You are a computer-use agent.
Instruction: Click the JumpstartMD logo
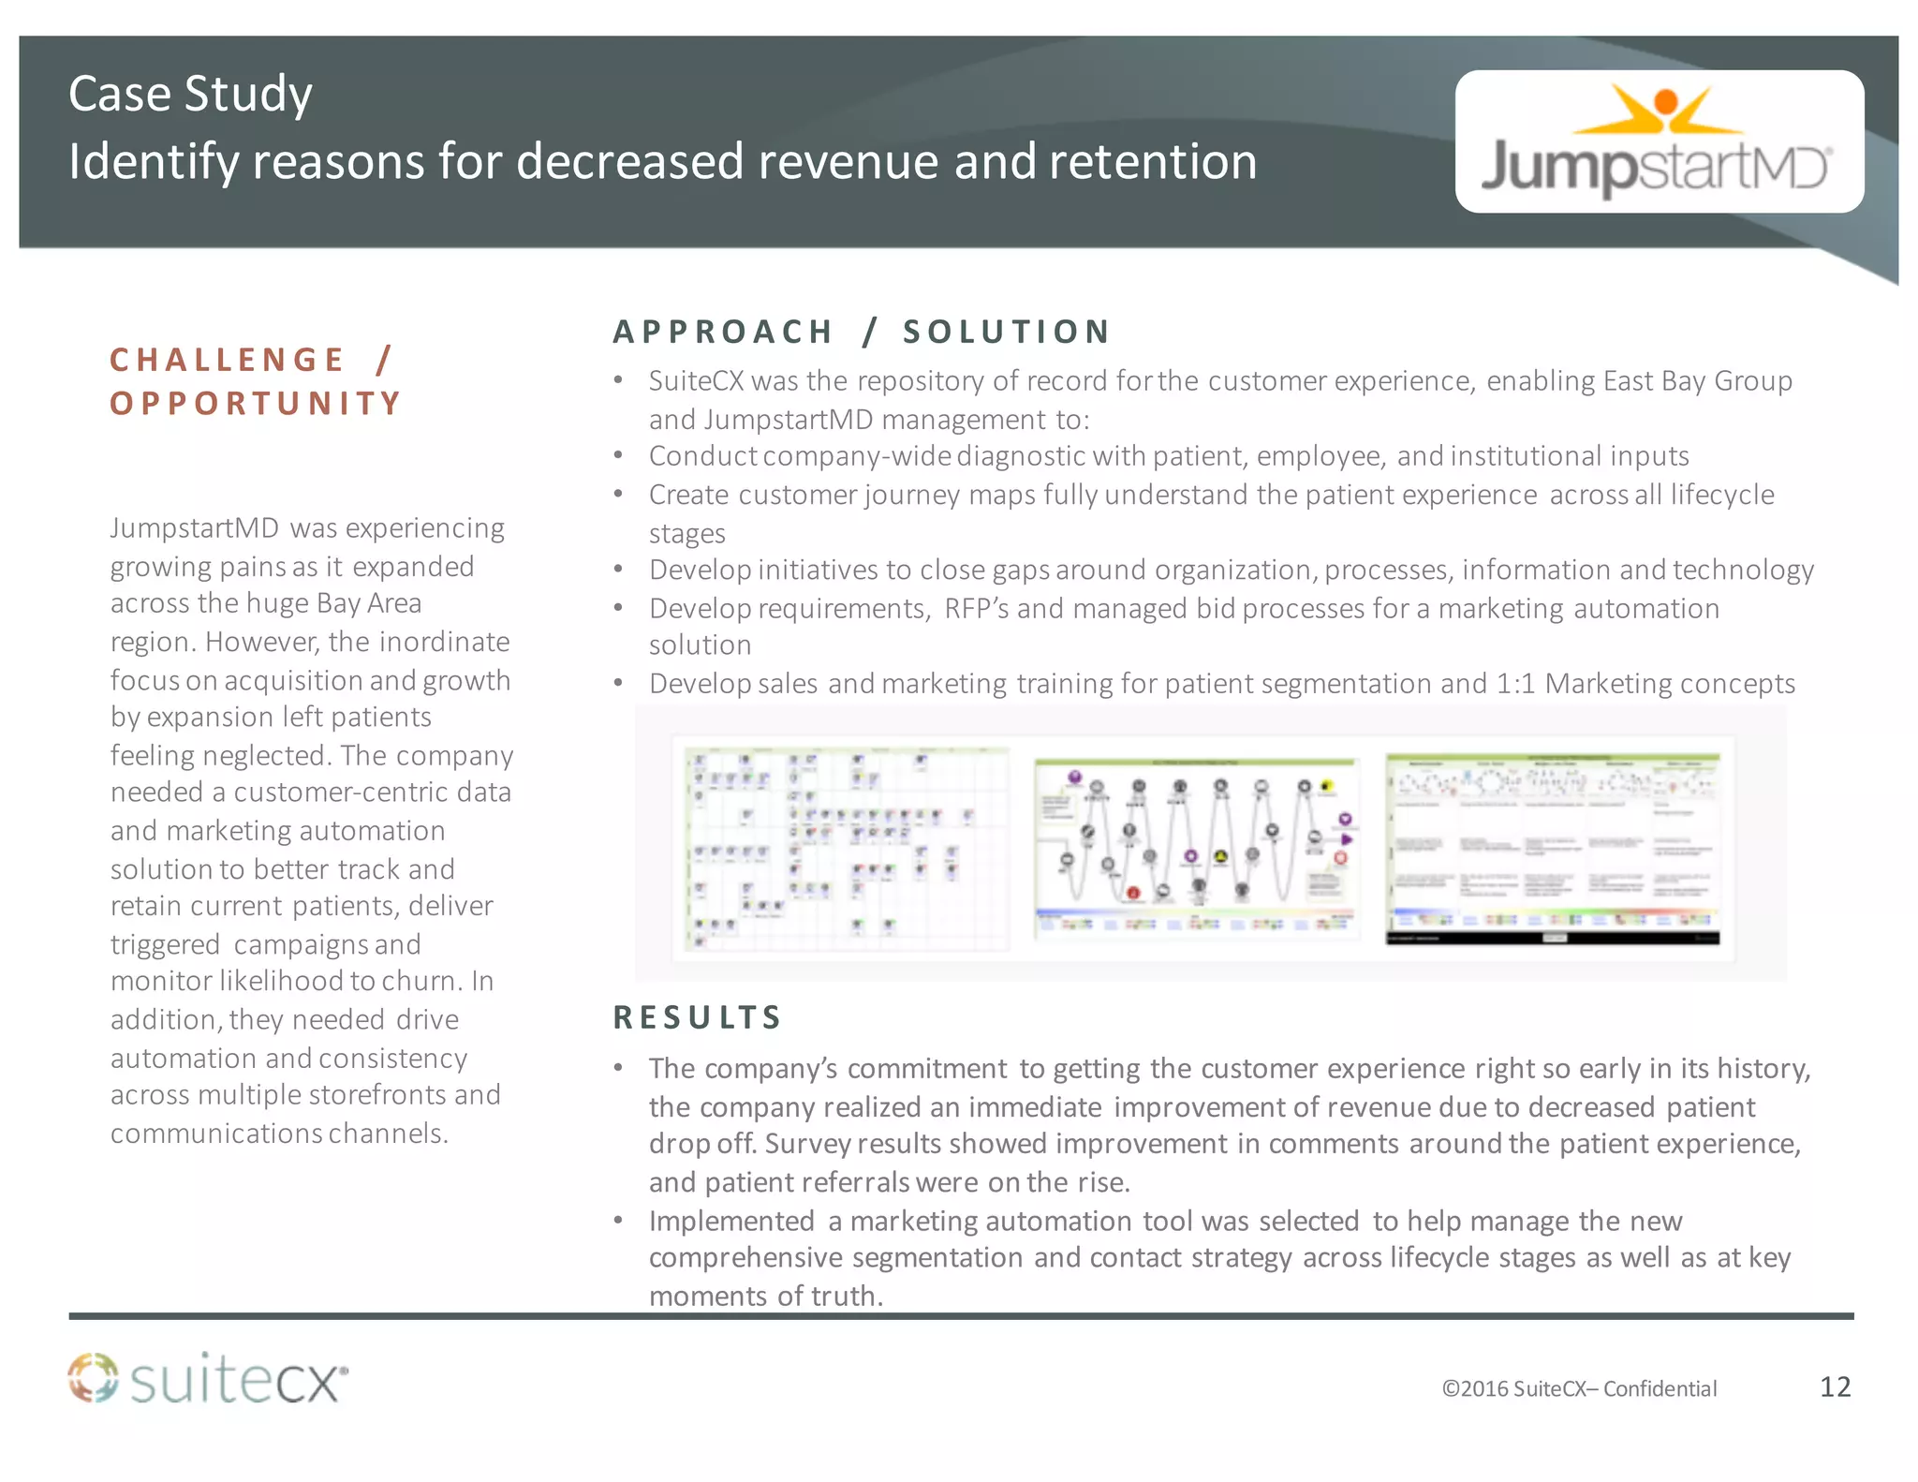1658,142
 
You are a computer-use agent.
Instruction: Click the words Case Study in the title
190,94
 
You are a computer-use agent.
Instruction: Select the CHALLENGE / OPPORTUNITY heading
255,381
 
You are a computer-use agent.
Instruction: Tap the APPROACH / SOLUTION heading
862,332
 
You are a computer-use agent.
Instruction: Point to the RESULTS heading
697,1017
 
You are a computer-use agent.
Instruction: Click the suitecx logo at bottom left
208,1380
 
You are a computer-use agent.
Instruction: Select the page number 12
1835,1386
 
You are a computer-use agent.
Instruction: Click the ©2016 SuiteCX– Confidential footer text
1579,1388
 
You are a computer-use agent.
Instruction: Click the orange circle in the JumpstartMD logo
1665,101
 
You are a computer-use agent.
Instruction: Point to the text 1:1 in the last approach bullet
1515,684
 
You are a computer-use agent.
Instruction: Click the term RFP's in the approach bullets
976,609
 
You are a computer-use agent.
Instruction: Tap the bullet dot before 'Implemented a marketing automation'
618,1221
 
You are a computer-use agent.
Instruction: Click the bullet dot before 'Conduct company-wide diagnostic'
618,456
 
